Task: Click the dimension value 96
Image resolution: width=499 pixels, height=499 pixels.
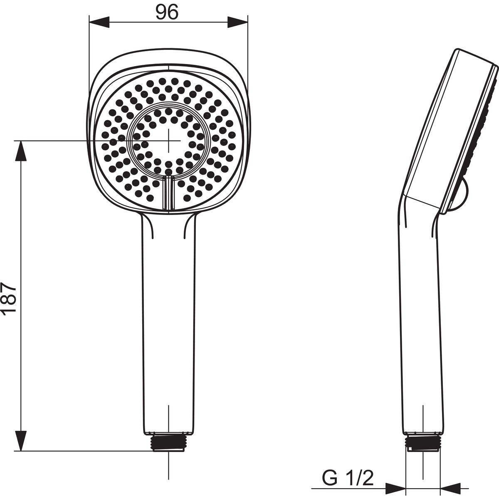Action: click(x=167, y=12)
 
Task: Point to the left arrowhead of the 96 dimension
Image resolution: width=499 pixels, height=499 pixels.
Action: click(x=99, y=22)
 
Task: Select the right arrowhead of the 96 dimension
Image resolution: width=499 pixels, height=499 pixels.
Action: click(x=237, y=22)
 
